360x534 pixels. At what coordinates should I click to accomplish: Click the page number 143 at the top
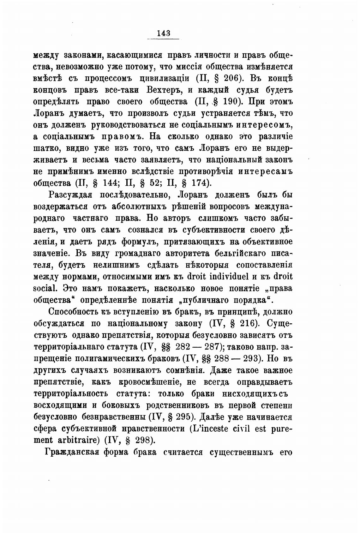pos(163,33)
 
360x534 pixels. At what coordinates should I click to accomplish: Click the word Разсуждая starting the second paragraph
pos(70,195)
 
